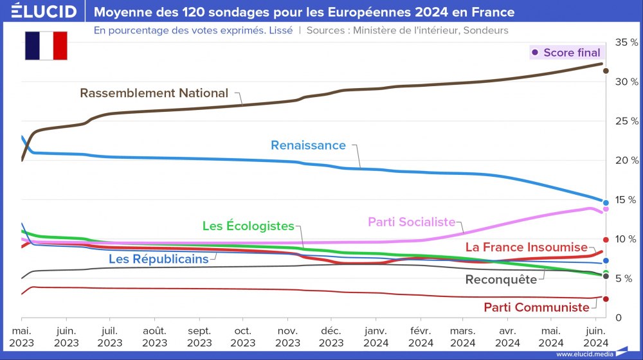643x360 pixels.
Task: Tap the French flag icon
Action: pos(46,45)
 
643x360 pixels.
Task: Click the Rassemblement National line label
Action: pos(154,93)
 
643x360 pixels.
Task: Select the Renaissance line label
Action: pos(308,145)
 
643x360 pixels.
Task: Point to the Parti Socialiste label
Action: pos(412,222)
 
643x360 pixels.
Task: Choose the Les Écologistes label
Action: pos(248,226)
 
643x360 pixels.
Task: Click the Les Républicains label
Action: pos(158,259)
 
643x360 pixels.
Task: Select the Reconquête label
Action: pos(500,280)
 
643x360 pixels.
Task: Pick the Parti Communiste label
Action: pos(536,307)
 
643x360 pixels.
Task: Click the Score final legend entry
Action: pos(566,53)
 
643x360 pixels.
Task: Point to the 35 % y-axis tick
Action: pos(626,42)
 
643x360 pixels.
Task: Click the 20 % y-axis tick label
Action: pos(626,161)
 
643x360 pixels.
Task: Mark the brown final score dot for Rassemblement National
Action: pos(606,71)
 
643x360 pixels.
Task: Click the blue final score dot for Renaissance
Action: pos(606,203)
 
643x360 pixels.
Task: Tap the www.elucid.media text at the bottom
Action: pos(583,354)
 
